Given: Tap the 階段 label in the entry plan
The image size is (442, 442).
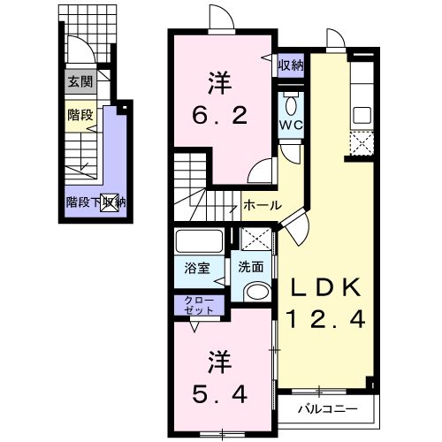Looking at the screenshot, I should tap(79, 115).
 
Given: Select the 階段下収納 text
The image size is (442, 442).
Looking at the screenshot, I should tap(95, 202).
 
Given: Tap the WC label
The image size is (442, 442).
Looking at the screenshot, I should tap(292, 125).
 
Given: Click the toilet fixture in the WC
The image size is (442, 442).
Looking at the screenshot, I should tap(292, 103).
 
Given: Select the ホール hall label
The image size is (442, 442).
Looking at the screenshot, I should tap(263, 205).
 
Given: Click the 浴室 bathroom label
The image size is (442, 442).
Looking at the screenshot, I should tap(196, 265).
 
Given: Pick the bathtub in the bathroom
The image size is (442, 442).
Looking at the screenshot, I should tap(200, 241).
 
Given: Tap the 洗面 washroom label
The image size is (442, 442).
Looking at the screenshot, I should tap(251, 265).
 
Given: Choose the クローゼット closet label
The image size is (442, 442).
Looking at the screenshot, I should tap(200, 306).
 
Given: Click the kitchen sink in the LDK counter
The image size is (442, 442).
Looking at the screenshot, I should tap(362, 114).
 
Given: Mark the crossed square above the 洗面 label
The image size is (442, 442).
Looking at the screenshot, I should tap(255, 240).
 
